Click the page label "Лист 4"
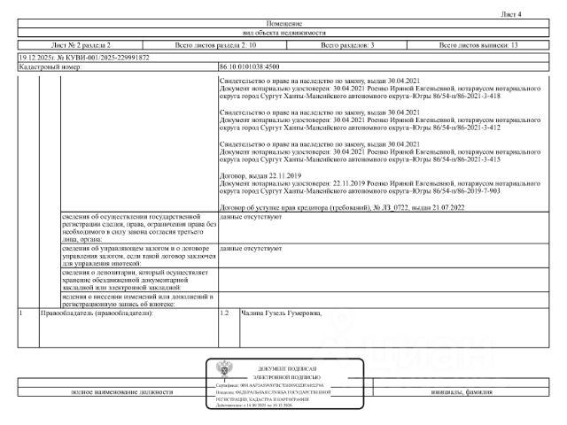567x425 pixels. pos(537,15)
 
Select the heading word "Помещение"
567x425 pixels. pos(283,23)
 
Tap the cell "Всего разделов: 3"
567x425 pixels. pos(348,44)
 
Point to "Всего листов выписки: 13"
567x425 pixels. pos(478,44)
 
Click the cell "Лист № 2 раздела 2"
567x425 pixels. pos(82,44)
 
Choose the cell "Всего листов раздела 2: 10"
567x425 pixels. pos(216,44)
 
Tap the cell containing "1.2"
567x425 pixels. pos(225,313)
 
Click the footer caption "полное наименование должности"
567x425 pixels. pos(113,391)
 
